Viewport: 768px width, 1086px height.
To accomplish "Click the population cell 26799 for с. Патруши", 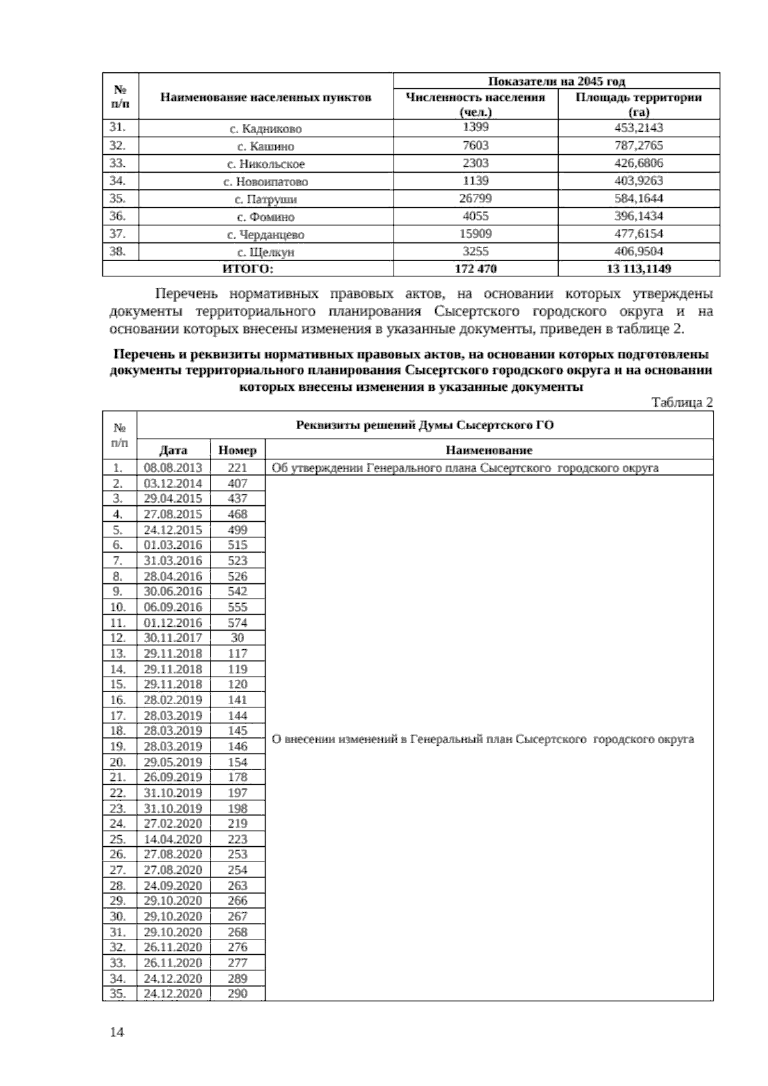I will tap(476, 198).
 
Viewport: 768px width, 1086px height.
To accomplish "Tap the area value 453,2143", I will tap(638, 128).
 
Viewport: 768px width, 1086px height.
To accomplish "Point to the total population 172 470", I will tap(476, 269).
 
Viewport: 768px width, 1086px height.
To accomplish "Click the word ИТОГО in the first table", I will tap(247, 269).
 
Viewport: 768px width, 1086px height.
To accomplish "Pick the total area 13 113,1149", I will tap(638, 269).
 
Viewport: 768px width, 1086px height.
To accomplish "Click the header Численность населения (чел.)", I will tap(476, 104).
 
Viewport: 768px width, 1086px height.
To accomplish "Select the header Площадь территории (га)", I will tap(638, 104).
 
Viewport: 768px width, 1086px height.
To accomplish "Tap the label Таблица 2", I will tap(682, 402).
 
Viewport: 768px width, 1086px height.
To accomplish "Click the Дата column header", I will tap(173, 450).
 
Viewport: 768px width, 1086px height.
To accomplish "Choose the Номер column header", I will tap(237, 450).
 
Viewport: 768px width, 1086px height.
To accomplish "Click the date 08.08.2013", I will tap(173, 468).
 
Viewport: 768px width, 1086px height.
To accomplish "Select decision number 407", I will tap(237, 484).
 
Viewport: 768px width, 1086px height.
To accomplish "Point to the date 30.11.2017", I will tap(173, 638).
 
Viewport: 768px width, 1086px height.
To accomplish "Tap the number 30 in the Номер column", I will tap(237, 638).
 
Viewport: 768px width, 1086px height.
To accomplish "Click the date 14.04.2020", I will tap(173, 839).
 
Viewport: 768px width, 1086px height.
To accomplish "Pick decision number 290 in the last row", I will tap(237, 993).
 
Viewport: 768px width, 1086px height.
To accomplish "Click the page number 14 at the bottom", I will tap(116, 1032).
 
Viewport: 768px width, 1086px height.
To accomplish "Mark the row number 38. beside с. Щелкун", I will tap(118, 251).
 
